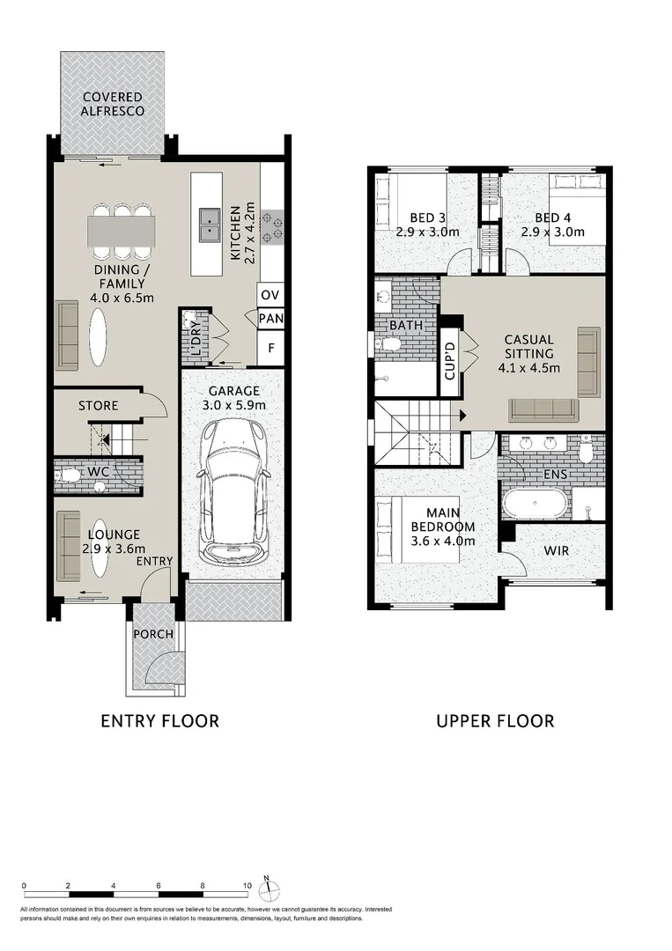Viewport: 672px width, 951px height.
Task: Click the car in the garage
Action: pos(233,492)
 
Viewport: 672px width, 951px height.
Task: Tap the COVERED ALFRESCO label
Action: pos(114,104)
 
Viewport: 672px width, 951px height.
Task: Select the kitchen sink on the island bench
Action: pos(210,225)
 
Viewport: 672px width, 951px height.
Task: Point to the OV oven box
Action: pos(270,294)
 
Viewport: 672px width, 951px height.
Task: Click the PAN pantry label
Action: pos(270,319)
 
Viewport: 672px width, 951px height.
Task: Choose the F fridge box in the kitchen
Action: pos(270,348)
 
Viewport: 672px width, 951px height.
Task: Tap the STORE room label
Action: pos(98,406)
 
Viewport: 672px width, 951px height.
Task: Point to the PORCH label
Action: pos(152,634)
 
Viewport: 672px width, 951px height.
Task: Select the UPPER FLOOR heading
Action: pos(495,721)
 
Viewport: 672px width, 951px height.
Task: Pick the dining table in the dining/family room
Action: pos(121,231)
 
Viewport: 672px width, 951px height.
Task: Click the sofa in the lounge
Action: pos(67,545)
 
